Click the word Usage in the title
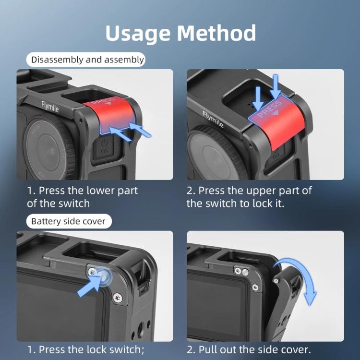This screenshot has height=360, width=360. tap(138, 34)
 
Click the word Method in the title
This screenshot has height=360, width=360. tap(216, 33)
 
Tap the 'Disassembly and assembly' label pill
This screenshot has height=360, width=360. tap(86, 60)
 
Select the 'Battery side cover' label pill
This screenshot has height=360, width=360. tap(69, 221)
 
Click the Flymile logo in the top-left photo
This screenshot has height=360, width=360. tap(50, 107)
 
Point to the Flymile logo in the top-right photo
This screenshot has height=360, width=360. tap(213, 119)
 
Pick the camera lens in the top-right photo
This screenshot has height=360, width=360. tap(215, 156)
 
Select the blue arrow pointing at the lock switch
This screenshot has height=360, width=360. tap(89, 286)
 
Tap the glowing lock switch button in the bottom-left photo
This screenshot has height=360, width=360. tap(103, 275)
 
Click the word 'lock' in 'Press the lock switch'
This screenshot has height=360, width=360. tap(96, 349)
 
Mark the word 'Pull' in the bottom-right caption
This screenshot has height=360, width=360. tap(208, 349)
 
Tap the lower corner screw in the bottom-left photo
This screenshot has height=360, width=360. tap(118, 298)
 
